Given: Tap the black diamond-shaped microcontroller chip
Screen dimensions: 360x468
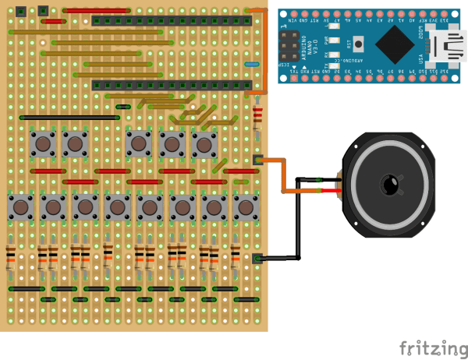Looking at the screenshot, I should point(399,45).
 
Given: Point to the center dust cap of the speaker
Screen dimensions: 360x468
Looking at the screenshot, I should point(388,185).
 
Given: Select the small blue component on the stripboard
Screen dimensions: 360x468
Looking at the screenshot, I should point(252,64).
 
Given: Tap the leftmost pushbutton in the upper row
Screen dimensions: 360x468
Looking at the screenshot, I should point(42,143).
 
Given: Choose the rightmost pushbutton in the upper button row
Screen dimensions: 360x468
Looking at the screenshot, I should point(204,144).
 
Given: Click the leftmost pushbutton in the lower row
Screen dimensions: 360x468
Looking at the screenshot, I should point(20,207).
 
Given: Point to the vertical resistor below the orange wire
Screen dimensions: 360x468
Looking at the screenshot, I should point(257,117).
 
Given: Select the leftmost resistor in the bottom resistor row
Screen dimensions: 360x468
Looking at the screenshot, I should point(10,257).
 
